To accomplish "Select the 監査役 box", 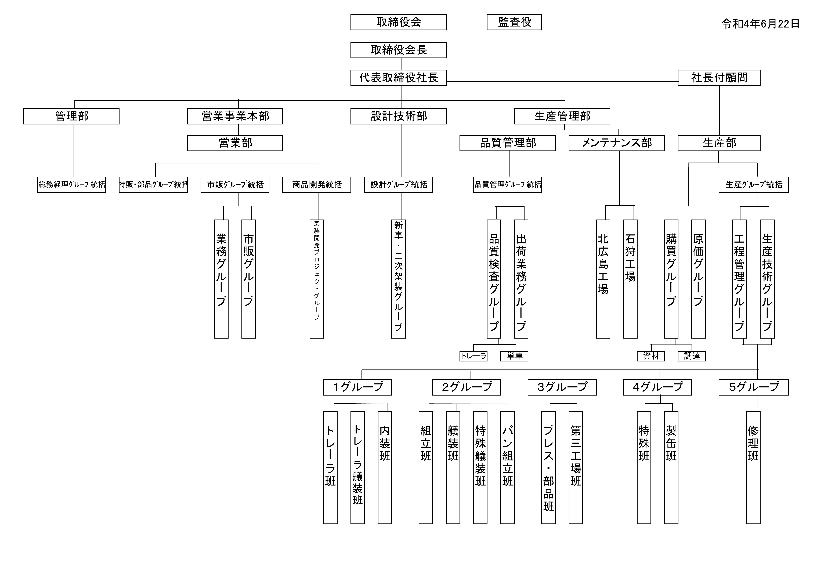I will point(514,22).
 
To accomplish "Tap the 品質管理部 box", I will point(507,143).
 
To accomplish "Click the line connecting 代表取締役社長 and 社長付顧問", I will point(562,81).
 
